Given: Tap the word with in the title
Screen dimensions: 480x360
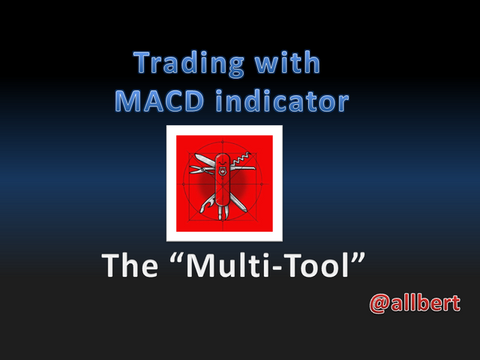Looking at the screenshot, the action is pos(288,62).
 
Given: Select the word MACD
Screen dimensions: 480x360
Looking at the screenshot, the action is pos(159,100).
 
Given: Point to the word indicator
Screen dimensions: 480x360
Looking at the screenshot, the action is pos(282,100).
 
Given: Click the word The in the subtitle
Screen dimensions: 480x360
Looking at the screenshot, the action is pos(130,265).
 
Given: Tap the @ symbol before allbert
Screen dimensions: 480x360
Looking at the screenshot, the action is pos(379,304).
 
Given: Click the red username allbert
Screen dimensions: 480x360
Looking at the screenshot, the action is pos(425,303).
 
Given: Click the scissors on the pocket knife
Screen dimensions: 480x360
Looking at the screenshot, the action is pos(202,169).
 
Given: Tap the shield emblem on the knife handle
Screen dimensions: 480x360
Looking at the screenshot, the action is pos(223,172).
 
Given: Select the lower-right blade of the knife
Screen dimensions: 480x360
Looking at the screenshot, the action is pos(238,202).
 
